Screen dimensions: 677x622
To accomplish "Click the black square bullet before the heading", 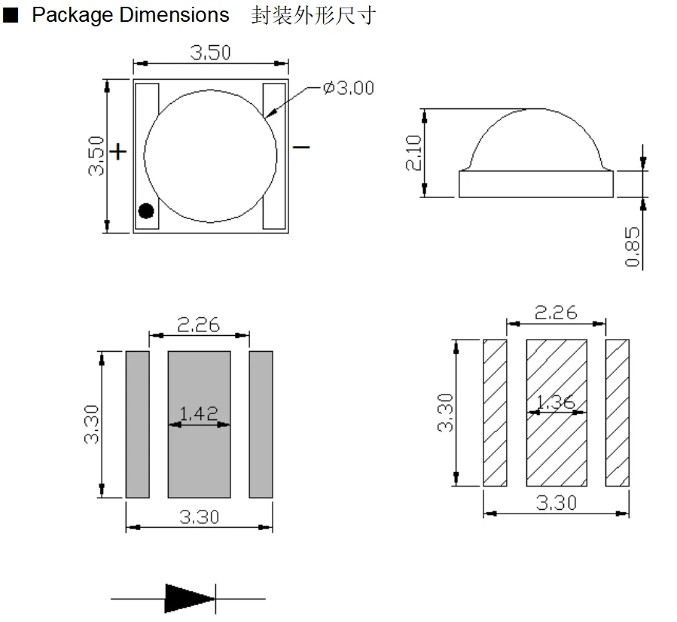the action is pos(11,15).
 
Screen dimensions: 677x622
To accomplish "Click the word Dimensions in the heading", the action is pos(174,15).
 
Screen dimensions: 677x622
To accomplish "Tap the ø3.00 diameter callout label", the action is pos(349,88).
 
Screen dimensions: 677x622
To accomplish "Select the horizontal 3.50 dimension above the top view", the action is pos(211,53).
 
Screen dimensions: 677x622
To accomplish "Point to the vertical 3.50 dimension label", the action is pos(96,156).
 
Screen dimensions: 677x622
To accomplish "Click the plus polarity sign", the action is pos(118,152).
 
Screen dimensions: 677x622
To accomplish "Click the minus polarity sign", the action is pos(301,148).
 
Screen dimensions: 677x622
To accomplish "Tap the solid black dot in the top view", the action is pos(146,211).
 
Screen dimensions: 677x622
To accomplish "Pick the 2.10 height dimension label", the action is pos(413,152).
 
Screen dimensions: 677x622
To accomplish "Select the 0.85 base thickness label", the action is pos(633,247).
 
